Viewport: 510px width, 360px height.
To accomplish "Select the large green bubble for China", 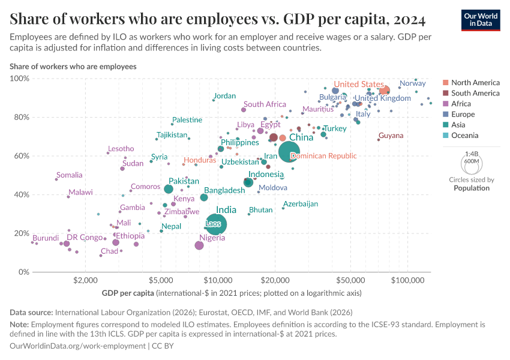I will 290,152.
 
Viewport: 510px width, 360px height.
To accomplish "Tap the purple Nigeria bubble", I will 199,245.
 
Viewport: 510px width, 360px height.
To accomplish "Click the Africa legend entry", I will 462,104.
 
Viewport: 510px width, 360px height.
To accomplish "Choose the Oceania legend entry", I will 466,136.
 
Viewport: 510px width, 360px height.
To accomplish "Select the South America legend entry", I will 475,93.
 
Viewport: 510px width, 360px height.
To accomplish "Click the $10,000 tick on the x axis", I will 218,280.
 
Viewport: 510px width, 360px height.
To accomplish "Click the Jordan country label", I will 225,96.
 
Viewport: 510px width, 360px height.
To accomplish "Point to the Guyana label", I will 391,136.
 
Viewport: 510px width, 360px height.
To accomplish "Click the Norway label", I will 412,83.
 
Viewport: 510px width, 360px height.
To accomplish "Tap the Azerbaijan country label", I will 301,204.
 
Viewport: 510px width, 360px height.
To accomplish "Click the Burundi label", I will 46,238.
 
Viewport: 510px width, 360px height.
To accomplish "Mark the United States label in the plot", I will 359,84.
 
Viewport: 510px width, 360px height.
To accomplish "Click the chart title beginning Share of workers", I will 218,19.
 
